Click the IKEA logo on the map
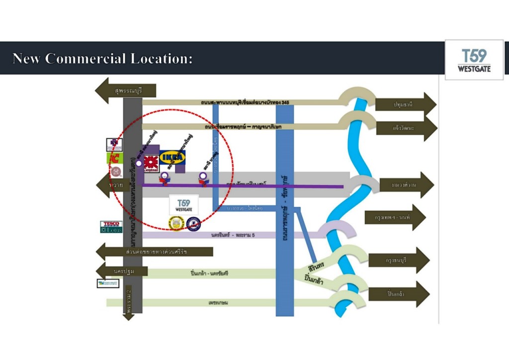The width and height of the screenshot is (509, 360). tap(172, 158)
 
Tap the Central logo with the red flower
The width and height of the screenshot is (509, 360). tap(151, 164)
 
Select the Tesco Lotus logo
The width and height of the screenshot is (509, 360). tap(111, 227)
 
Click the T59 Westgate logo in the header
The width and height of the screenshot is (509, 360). tap(474, 60)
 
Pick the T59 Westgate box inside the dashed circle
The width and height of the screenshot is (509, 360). tap(183, 204)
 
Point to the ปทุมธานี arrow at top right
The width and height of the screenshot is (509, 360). tap(406, 104)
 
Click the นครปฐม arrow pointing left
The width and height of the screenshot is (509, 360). tap(122, 271)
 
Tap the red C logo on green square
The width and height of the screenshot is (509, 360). tap(114, 158)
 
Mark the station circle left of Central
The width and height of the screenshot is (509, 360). tap(139, 163)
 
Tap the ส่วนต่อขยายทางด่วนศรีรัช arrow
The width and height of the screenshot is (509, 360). tap(155, 252)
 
